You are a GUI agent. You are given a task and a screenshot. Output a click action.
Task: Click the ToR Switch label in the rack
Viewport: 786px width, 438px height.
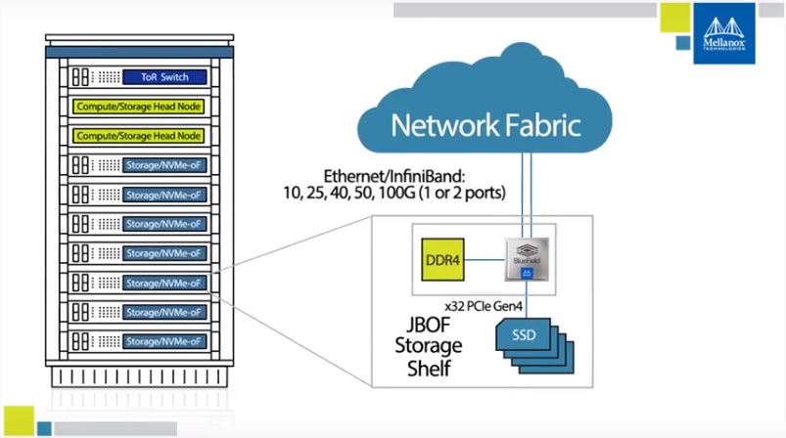coord(163,76)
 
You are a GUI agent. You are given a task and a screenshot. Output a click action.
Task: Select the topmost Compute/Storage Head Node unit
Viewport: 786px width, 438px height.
coord(138,106)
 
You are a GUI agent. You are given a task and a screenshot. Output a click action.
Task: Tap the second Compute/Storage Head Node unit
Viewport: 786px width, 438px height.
coord(138,135)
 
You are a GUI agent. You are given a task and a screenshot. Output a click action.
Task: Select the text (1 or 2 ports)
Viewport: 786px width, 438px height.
coord(469,194)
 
